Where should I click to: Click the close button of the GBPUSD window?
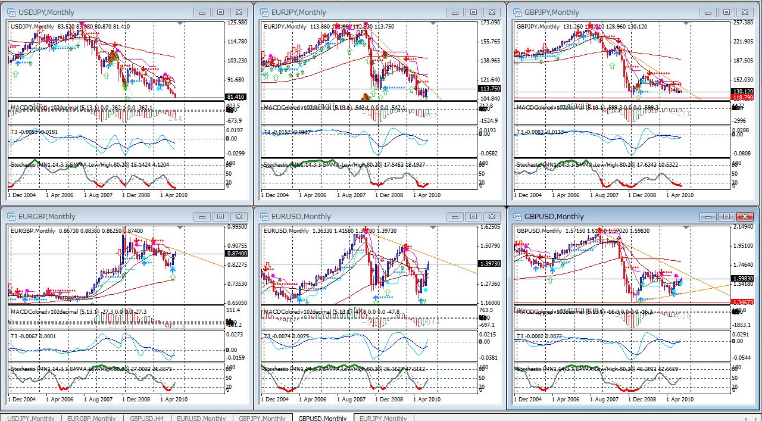coord(745,216)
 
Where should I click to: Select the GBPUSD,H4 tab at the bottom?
coord(146,418)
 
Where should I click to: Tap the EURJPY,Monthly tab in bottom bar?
coord(383,418)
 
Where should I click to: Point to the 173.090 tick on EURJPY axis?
coord(491,23)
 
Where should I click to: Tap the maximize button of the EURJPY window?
coord(474,12)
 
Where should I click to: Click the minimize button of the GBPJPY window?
coord(708,12)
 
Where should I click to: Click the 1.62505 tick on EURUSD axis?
coord(491,227)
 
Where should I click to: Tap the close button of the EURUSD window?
coord(492,216)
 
